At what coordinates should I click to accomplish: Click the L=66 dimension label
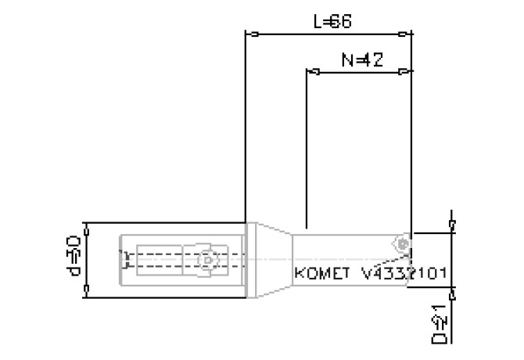click(x=332, y=22)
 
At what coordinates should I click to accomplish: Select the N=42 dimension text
click(x=361, y=60)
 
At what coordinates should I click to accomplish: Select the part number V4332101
click(x=404, y=274)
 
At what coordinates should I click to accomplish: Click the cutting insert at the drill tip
click(x=403, y=244)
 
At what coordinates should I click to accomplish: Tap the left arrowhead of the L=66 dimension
click(x=252, y=34)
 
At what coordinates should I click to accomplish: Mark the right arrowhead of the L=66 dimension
click(x=404, y=34)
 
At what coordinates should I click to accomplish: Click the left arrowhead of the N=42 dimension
click(x=313, y=72)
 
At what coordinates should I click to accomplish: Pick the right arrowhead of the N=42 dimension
click(x=404, y=72)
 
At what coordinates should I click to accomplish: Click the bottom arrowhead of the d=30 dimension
click(x=87, y=293)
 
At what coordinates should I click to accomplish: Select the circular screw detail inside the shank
click(x=206, y=260)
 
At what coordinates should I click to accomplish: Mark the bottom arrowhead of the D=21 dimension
click(x=451, y=289)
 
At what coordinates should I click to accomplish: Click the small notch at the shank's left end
click(x=124, y=259)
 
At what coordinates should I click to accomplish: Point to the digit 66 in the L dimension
click(x=341, y=22)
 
